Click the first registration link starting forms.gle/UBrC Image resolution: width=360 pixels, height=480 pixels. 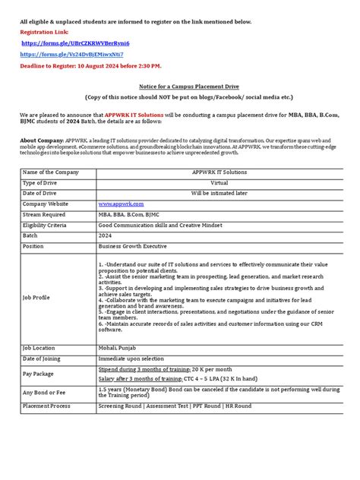[75, 44]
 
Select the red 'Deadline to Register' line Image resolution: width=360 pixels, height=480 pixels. [85, 66]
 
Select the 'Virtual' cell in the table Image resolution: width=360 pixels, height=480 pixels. [219, 183]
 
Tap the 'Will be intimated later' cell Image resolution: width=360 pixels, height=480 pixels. [219, 194]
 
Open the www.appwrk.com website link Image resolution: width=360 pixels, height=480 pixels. [120, 204]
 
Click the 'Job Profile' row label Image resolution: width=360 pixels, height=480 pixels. [36, 298]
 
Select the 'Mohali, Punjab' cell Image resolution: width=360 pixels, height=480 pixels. [118, 347]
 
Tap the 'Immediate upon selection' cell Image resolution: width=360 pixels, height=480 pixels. [131, 358]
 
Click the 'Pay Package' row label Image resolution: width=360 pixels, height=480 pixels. [39, 374]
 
